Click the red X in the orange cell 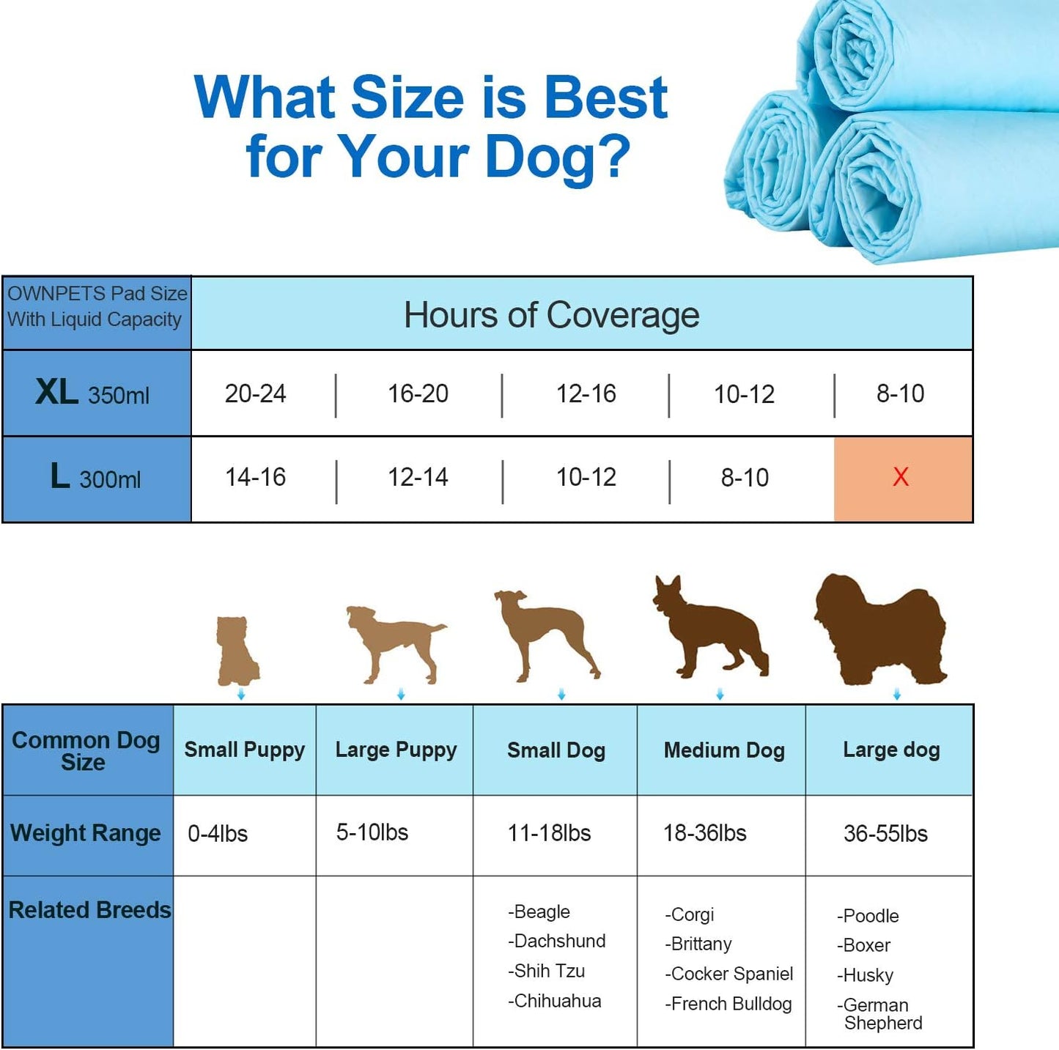point(901,477)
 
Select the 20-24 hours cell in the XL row point(255,393)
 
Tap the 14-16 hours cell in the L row point(255,478)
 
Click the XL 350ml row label point(93,393)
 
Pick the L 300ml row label point(95,478)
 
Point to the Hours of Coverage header point(551,315)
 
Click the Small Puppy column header point(244,750)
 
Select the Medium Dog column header point(724,750)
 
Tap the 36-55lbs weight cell point(885,833)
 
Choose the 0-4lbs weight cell point(218,833)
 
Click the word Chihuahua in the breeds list point(557,1001)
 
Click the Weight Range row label point(86,833)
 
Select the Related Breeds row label point(89,910)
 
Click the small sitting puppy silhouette point(239,650)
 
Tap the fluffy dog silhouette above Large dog point(879,629)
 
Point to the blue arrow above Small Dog point(561,694)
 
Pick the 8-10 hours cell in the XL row point(901,393)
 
